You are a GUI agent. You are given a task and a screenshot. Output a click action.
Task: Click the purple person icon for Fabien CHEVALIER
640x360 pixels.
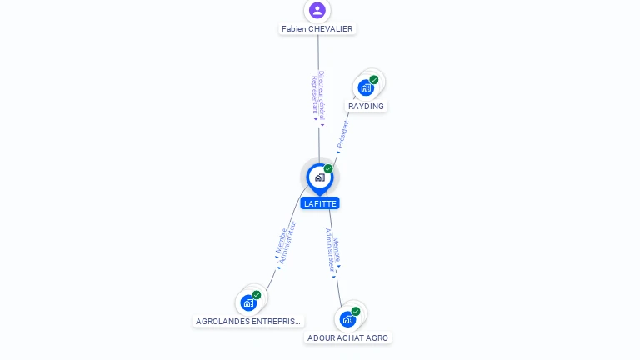(317, 10)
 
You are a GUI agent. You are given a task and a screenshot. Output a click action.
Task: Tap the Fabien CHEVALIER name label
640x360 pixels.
(317, 29)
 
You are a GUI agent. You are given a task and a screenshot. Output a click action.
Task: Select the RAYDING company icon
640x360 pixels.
(365, 87)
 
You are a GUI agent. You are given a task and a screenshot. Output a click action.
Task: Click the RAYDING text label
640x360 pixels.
(367, 107)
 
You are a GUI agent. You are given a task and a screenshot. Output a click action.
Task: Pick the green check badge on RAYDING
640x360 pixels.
(374, 80)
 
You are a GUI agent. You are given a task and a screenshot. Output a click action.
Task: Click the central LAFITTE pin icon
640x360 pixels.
(319, 177)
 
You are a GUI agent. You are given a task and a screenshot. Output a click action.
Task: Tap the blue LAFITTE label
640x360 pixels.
(320, 203)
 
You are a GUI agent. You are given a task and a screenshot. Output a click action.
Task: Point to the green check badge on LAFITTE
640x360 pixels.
(328, 169)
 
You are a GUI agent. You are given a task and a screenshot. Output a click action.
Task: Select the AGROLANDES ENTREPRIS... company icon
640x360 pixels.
(247, 302)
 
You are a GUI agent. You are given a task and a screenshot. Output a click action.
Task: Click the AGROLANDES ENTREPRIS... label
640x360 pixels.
(247, 322)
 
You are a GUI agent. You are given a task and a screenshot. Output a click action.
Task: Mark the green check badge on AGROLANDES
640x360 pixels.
(257, 295)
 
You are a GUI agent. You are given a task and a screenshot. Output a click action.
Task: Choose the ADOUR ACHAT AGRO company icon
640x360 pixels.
(347, 318)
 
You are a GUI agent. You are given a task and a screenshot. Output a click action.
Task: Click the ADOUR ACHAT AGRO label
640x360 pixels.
(347, 338)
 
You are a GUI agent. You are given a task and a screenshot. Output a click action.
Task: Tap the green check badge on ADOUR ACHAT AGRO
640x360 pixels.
(356, 312)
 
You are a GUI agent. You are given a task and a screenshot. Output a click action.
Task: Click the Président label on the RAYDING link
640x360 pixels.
(343, 134)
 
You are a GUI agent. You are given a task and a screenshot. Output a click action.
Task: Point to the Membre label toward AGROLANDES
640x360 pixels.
(281, 240)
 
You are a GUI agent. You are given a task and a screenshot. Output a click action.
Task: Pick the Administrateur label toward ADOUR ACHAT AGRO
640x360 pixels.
(331, 250)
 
